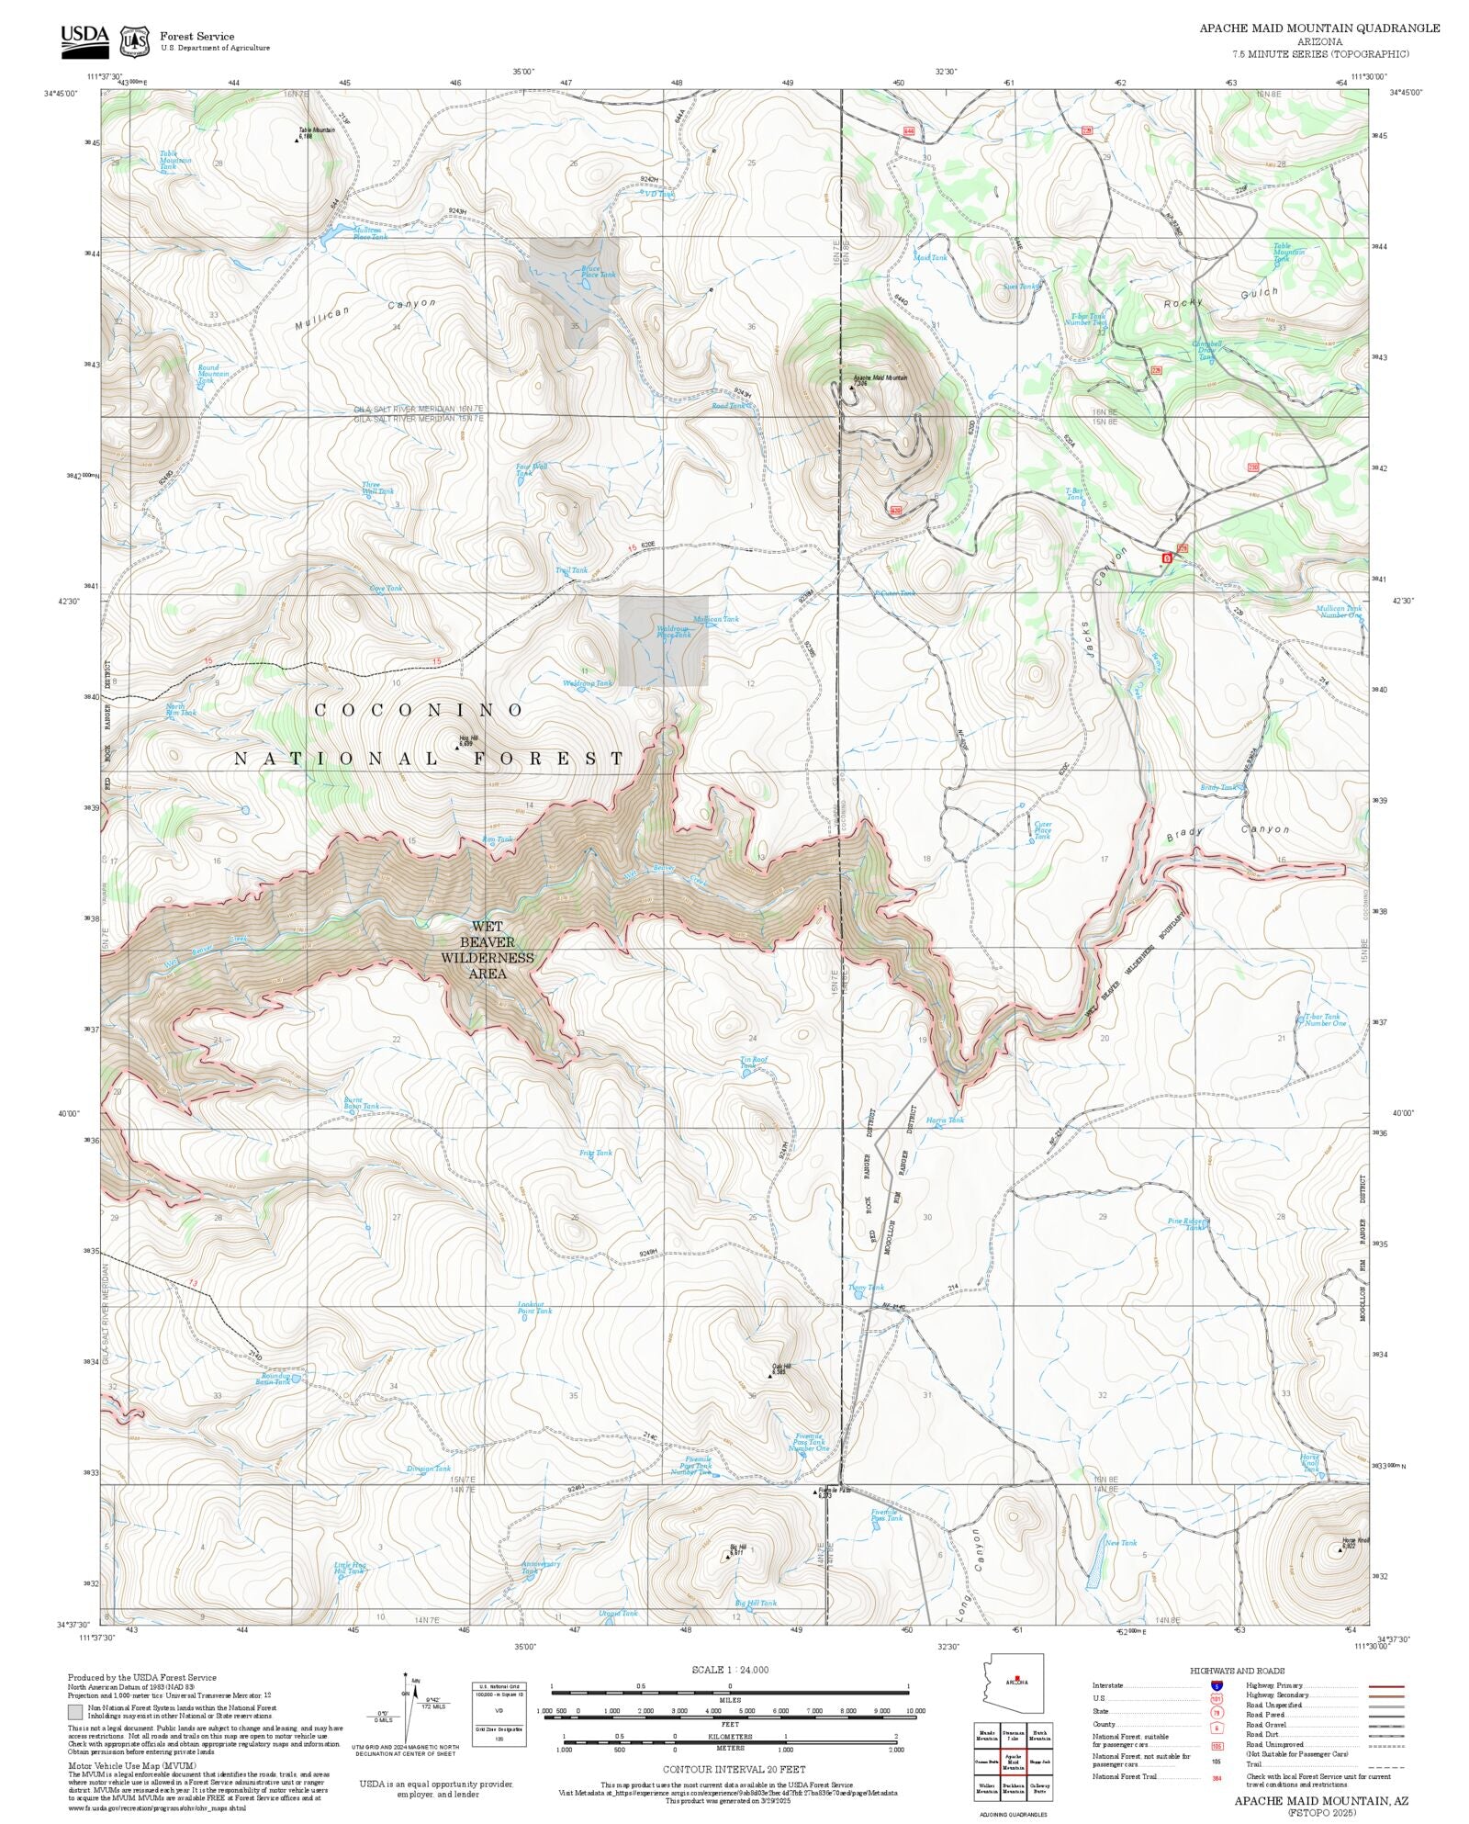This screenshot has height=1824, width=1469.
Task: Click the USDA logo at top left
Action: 84,39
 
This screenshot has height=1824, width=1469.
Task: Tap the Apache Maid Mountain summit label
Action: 879,378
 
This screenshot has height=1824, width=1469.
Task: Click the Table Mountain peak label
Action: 315,131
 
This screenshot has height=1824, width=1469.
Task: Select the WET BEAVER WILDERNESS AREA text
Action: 487,950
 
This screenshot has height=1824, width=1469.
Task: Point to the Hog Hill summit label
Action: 468,739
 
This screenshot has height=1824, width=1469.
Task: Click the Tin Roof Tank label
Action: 753,1062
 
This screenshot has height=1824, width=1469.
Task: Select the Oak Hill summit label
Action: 780,1368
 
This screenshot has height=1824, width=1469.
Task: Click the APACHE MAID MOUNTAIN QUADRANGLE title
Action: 1318,28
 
